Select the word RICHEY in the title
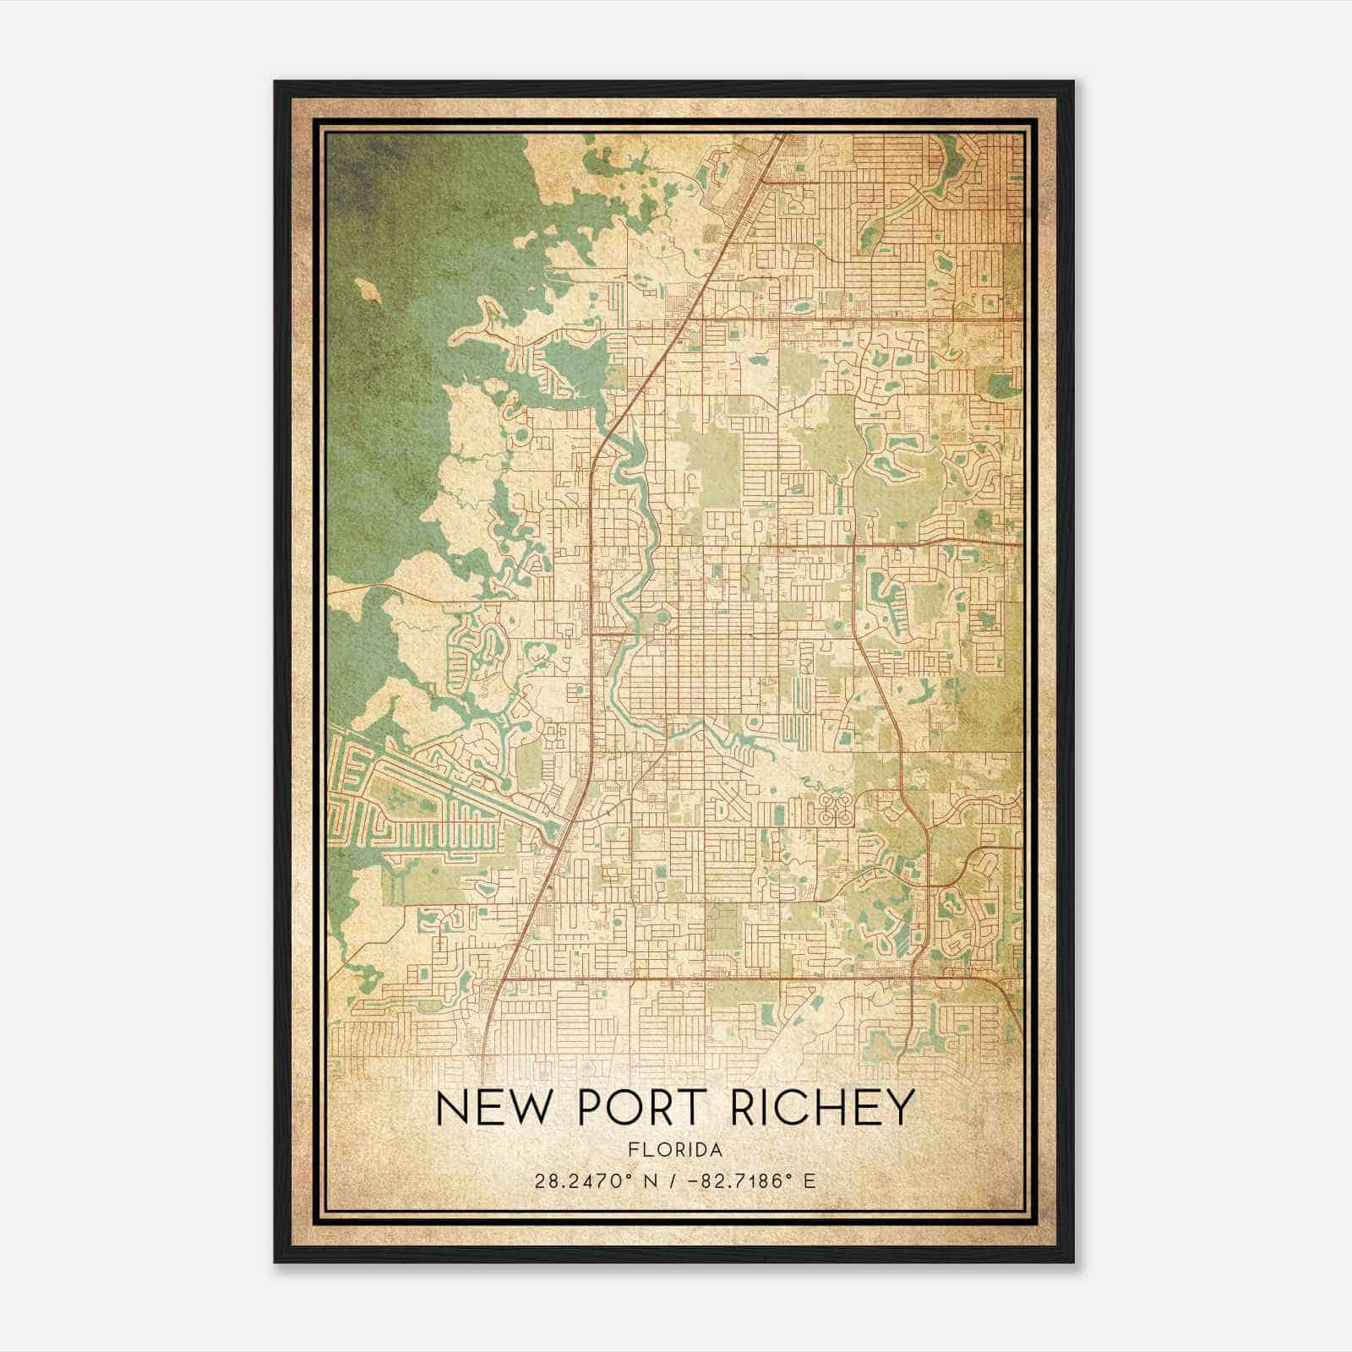click(822, 1108)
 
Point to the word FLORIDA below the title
click(675, 1150)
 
